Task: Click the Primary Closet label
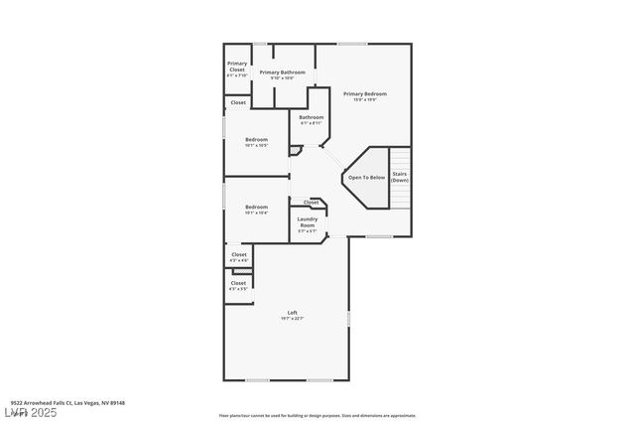pyautogui.click(x=237, y=67)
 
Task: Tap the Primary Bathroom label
pyautogui.click(x=283, y=72)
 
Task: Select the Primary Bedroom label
pyautogui.click(x=364, y=93)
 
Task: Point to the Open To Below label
pyautogui.click(x=366, y=178)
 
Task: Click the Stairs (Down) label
pyautogui.click(x=399, y=177)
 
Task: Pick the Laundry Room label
pyautogui.click(x=308, y=223)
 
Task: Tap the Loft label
pyautogui.click(x=293, y=313)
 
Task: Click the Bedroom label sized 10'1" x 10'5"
pyautogui.click(x=257, y=139)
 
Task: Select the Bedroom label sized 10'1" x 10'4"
pyautogui.click(x=257, y=207)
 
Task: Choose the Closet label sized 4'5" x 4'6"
pyautogui.click(x=238, y=254)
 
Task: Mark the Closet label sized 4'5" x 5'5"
pyautogui.click(x=238, y=283)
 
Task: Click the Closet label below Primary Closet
pyautogui.click(x=238, y=102)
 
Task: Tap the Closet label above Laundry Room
pyautogui.click(x=311, y=202)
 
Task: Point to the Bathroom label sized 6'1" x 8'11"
pyautogui.click(x=312, y=117)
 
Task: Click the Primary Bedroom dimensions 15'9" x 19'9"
pyautogui.click(x=364, y=99)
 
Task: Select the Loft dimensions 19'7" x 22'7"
pyautogui.click(x=293, y=318)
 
